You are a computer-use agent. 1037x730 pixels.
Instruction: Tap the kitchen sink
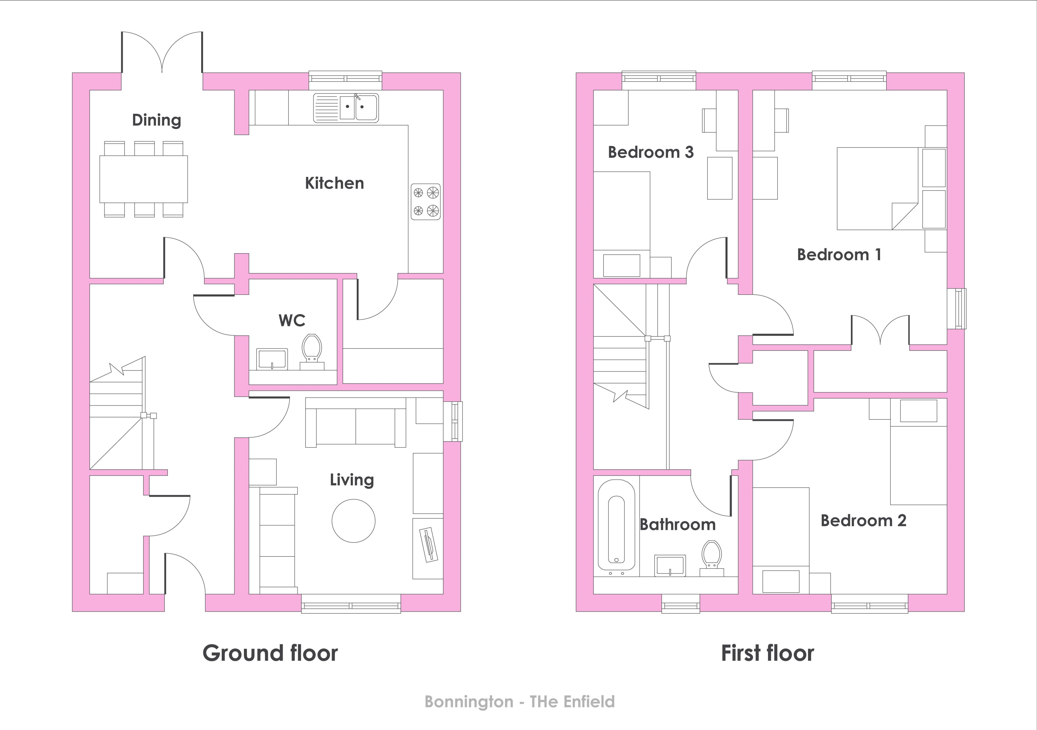(346, 108)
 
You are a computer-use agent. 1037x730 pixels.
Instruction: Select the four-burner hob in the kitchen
(425, 202)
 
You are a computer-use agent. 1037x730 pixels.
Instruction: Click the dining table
(144, 179)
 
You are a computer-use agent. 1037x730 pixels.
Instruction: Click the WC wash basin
(272, 359)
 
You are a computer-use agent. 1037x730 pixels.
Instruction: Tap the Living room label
(352, 480)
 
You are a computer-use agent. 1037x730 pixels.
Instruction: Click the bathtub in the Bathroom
(616, 527)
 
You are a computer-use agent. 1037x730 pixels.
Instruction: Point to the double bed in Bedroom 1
(878, 189)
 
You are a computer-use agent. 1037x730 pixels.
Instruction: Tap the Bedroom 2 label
(863, 521)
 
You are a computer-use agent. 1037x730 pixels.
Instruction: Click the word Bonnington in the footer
(469, 702)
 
